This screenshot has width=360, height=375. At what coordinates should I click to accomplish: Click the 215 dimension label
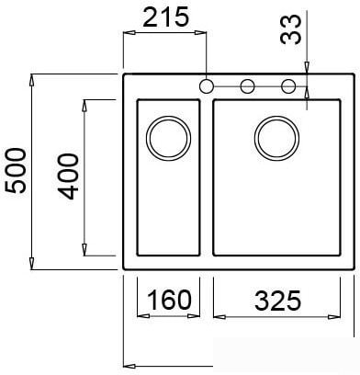click(x=166, y=17)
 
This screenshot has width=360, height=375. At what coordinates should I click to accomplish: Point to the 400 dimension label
click(x=68, y=178)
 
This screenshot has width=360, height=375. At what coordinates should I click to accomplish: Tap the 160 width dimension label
click(x=168, y=300)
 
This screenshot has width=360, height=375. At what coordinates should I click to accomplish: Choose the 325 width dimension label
click(x=278, y=300)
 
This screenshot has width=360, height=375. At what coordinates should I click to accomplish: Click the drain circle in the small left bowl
click(x=167, y=137)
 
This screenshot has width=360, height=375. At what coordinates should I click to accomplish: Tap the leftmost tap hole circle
click(x=207, y=86)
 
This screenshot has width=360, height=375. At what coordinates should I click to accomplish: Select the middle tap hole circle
click(x=248, y=86)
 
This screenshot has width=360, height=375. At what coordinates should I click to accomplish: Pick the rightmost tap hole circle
click(x=289, y=86)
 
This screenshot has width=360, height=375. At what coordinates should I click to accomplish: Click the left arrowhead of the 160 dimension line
click(x=140, y=315)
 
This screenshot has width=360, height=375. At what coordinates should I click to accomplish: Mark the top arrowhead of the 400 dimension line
click(x=84, y=103)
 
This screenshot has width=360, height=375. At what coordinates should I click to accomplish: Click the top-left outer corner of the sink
click(x=125, y=74)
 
